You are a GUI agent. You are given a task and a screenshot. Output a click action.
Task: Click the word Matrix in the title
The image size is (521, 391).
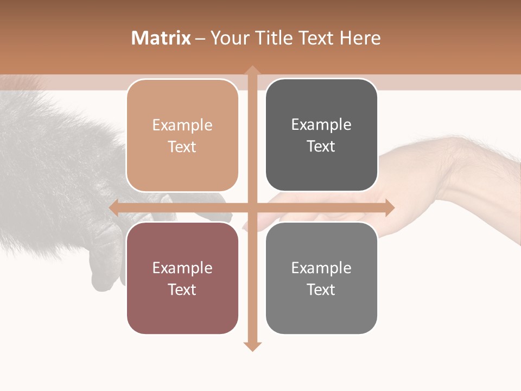(161, 38)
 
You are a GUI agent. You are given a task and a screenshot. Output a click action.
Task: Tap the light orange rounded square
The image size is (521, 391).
(182, 135)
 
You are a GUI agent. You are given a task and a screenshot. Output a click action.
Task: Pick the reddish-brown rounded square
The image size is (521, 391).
(182, 278)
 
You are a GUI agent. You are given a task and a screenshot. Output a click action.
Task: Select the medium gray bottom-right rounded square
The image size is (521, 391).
(321, 278)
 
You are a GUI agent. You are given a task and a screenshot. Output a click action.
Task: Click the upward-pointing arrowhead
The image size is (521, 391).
(252, 71)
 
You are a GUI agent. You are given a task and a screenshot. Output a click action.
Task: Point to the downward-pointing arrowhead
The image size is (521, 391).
(252, 346)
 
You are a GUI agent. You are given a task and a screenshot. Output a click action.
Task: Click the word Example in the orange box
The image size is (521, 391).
(182, 125)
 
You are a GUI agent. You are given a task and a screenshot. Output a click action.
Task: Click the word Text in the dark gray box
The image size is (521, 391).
(321, 146)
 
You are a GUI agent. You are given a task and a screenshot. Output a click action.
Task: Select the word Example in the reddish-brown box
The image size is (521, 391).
(182, 268)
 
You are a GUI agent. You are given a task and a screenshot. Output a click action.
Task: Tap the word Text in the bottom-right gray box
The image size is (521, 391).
(321, 289)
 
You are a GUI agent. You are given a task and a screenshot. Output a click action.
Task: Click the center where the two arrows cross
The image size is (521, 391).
(252, 207)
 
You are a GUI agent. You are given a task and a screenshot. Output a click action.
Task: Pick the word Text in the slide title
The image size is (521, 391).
(315, 38)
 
